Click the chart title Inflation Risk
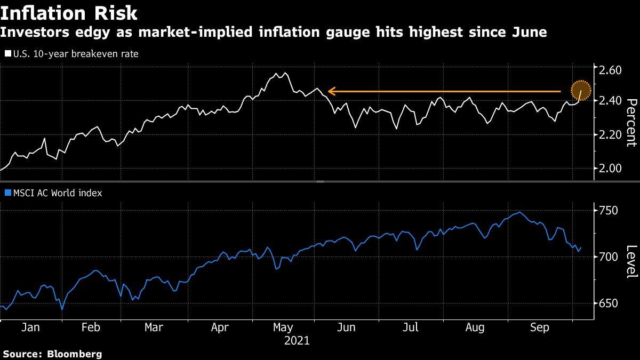coord(69,13)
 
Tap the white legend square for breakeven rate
coord(7,54)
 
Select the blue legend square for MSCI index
coord(7,193)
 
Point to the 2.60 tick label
coord(610,70)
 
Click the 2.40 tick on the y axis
coord(610,100)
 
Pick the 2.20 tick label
coord(610,134)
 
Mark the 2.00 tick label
coord(610,168)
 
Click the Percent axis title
coord(631,123)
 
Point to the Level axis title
coord(631,261)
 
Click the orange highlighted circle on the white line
coord(581,91)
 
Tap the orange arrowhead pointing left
coord(331,91)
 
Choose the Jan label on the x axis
coord(30,327)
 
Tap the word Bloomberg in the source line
coord(75,354)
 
